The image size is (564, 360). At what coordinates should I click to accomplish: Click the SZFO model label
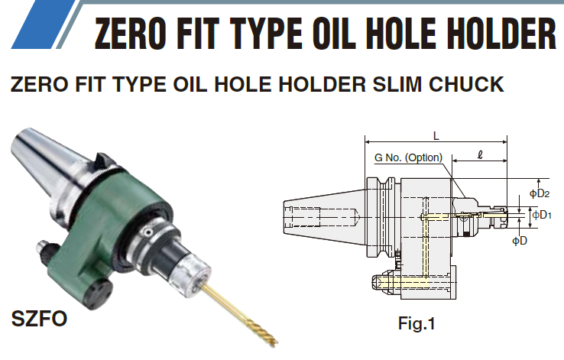tap(39, 318)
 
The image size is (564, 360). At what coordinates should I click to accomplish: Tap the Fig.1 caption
tap(417, 323)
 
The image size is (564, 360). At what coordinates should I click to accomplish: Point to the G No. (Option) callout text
tap(408, 157)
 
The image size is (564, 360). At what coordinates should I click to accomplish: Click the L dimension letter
tap(436, 136)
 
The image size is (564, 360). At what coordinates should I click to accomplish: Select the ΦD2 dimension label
tap(540, 193)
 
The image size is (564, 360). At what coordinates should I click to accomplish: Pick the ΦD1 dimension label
tap(542, 215)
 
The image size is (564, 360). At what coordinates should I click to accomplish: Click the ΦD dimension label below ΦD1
tap(520, 241)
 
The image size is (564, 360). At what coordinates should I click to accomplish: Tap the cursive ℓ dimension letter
tap(480, 154)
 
